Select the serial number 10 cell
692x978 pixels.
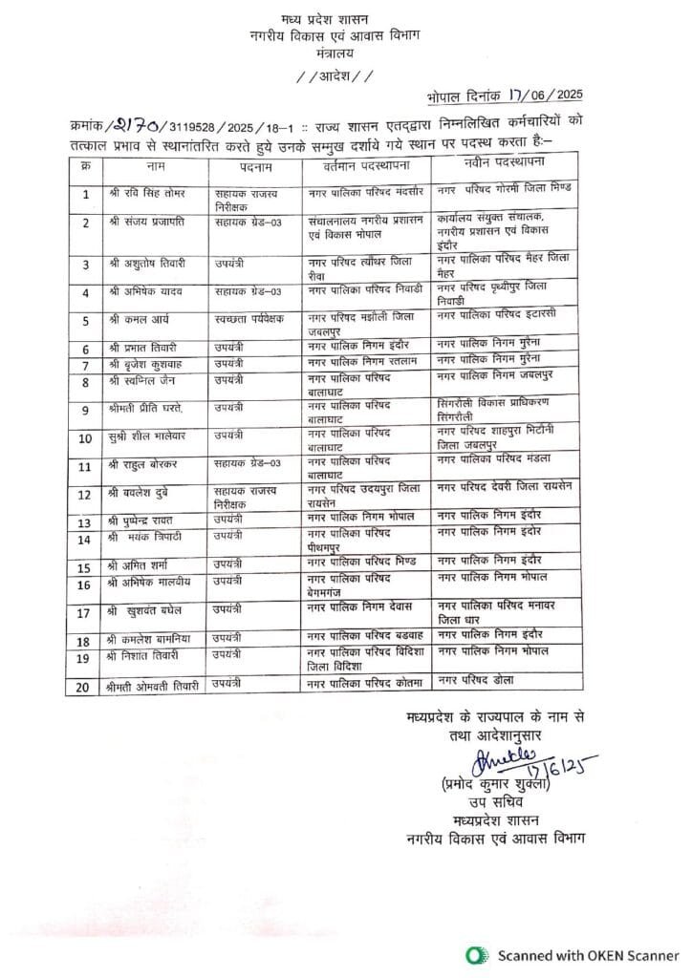point(84,438)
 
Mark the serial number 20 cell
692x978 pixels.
point(84,685)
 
